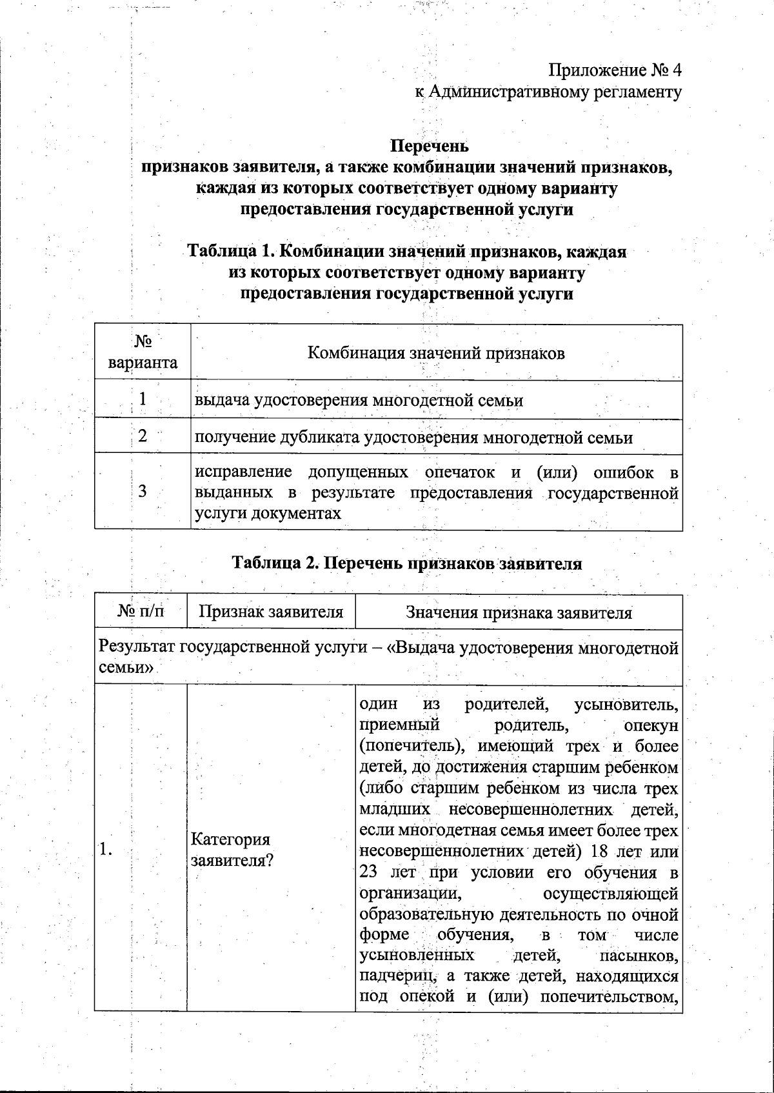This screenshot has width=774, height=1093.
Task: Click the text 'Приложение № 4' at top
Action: tap(615, 70)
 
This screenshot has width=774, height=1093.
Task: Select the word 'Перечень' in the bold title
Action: tap(431, 146)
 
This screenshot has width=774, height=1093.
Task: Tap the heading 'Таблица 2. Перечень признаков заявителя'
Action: tap(407, 563)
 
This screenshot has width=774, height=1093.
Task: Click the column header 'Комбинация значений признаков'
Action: tap(436, 353)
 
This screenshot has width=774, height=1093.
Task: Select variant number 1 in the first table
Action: tap(143, 399)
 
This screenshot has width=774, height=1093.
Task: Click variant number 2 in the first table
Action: tap(143, 436)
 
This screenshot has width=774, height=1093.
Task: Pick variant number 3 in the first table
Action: tap(143, 492)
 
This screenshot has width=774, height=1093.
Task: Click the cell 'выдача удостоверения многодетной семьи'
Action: tap(359, 401)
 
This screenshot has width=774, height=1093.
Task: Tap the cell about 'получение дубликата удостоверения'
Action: tap(413, 438)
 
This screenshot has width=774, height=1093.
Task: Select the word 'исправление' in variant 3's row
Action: tap(243, 472)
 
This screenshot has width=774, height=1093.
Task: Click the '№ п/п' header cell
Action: tap(141, 612)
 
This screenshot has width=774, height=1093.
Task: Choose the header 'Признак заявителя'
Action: tap(271, 612)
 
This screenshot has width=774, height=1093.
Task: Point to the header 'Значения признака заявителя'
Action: tap(519, 612)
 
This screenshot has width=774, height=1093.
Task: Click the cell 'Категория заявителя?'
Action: tap(231, 850)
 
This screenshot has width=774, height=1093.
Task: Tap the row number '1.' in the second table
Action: tap(106, 850)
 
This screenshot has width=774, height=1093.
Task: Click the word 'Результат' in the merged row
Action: tap(137, 648)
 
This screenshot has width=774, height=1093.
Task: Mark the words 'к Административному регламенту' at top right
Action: tap(548, 92)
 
